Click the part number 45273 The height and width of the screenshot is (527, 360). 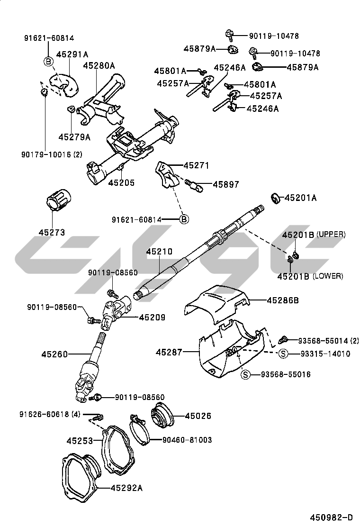point(52,232)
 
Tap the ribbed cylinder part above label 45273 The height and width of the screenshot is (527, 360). point(58,202)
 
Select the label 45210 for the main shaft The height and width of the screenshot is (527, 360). point(159,252)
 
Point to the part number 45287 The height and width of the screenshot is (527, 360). point(169,352)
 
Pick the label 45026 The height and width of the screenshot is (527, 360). point(198,416)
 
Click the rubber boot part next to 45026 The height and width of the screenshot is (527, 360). point(162,416)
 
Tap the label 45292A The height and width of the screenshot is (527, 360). point(126,487)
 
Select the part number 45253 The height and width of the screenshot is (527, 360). point(80,440)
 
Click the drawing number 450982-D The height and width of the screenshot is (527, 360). point(332,517)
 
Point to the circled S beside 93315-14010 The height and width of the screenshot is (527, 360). point(283,354)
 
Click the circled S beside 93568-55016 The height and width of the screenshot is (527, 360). point(245,375)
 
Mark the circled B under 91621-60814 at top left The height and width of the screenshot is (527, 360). point(48,61)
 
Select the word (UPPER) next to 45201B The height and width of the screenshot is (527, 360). point(331,235)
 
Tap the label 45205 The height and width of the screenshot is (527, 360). point(121,182)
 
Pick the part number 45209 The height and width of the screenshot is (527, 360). point(152,317)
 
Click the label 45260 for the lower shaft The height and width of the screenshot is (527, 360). point(55,354)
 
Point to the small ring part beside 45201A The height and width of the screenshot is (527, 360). point(274,197)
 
